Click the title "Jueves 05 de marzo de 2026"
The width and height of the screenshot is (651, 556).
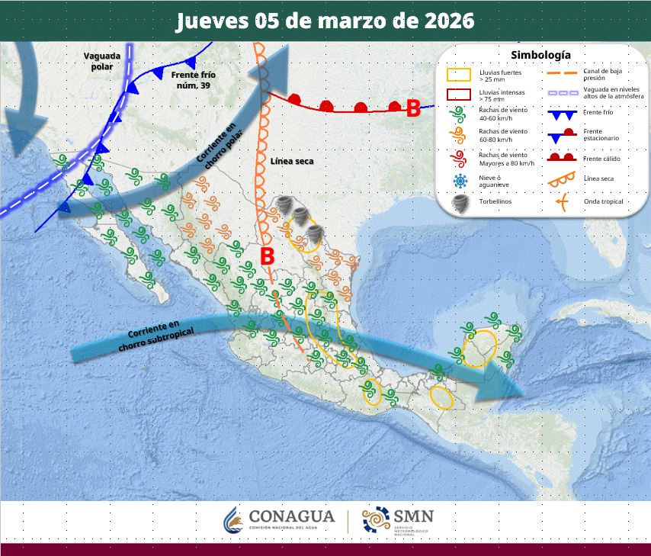pyautogui.click(x=325, y=21)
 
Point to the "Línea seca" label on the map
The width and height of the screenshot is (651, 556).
pyautogui.click(x=292, y=162)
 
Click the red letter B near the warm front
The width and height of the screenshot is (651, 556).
pyautogui.click(x=413, y=109)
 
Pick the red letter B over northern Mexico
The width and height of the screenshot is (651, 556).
pyautogui.click(x=267, y=257)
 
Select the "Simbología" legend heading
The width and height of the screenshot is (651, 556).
pyautogui.click(x=540, y=55)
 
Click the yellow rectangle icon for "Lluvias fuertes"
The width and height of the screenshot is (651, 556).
pyautogui.click(x=458, y=75)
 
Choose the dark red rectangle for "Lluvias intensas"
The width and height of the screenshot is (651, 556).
pyautogui.click(x=458, y=95)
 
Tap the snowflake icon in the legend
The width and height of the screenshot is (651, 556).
pyautogui.click(x=459, y=181)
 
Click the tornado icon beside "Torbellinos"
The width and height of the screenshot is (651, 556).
pyautogui.click(x=459, y=202)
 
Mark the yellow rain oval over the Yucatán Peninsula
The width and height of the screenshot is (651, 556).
pyautogui.click(x=480, y=349)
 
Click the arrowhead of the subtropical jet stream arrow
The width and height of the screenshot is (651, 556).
pyautogui.click(x=508, y=384)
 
